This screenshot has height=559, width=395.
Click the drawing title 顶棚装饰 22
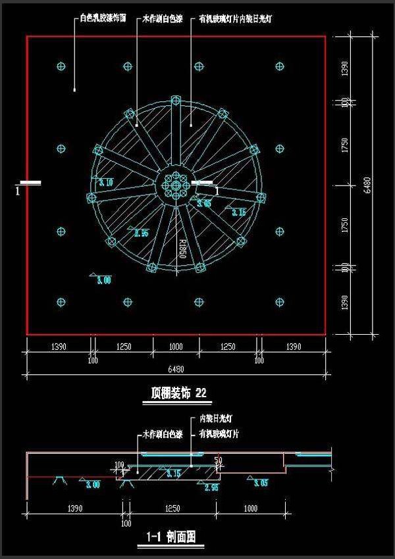[178, 394]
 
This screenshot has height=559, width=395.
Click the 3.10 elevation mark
[105, 182]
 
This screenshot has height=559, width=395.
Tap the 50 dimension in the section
[218, 460]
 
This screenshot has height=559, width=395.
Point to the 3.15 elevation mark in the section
[174, 474]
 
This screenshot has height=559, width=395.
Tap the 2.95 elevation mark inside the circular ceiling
[140, 233]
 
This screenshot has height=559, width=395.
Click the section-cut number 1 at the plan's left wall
[18, 191]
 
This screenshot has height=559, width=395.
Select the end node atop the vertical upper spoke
[175, 101]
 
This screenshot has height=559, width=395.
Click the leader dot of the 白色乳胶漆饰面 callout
[74, 89]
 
